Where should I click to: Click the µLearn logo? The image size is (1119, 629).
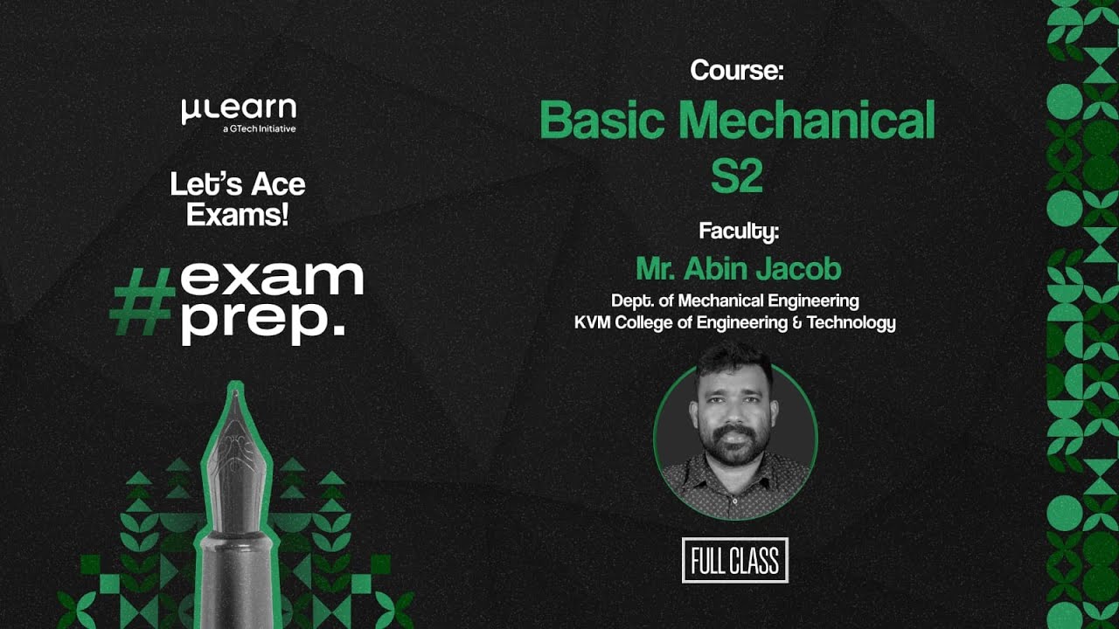coord(239,110)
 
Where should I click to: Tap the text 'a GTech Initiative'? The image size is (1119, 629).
coord(259,129)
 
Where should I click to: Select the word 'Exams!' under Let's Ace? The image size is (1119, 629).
coord(238,214)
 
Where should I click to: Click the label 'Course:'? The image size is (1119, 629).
coord(736,70)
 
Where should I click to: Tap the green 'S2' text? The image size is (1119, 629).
coord(736,176)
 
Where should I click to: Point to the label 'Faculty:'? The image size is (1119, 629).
coord(738,232)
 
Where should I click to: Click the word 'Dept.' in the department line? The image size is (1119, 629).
coord(629,301)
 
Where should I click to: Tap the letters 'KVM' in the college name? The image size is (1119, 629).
coord(594,322)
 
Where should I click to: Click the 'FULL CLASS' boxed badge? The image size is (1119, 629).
coord(735,561)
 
